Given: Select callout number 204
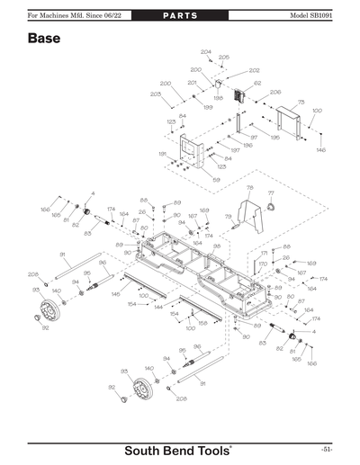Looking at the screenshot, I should tap(205, 52).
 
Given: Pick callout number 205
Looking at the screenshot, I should tap(223, 57).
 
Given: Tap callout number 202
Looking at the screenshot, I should tap(254, 70).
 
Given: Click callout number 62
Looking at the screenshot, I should tap(257, 84).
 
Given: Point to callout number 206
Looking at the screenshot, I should tap(275, 92).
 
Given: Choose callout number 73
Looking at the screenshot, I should tap(301, 103).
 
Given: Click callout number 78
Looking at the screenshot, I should tap(249, 187).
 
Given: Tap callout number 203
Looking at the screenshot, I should tap(155, 94).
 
